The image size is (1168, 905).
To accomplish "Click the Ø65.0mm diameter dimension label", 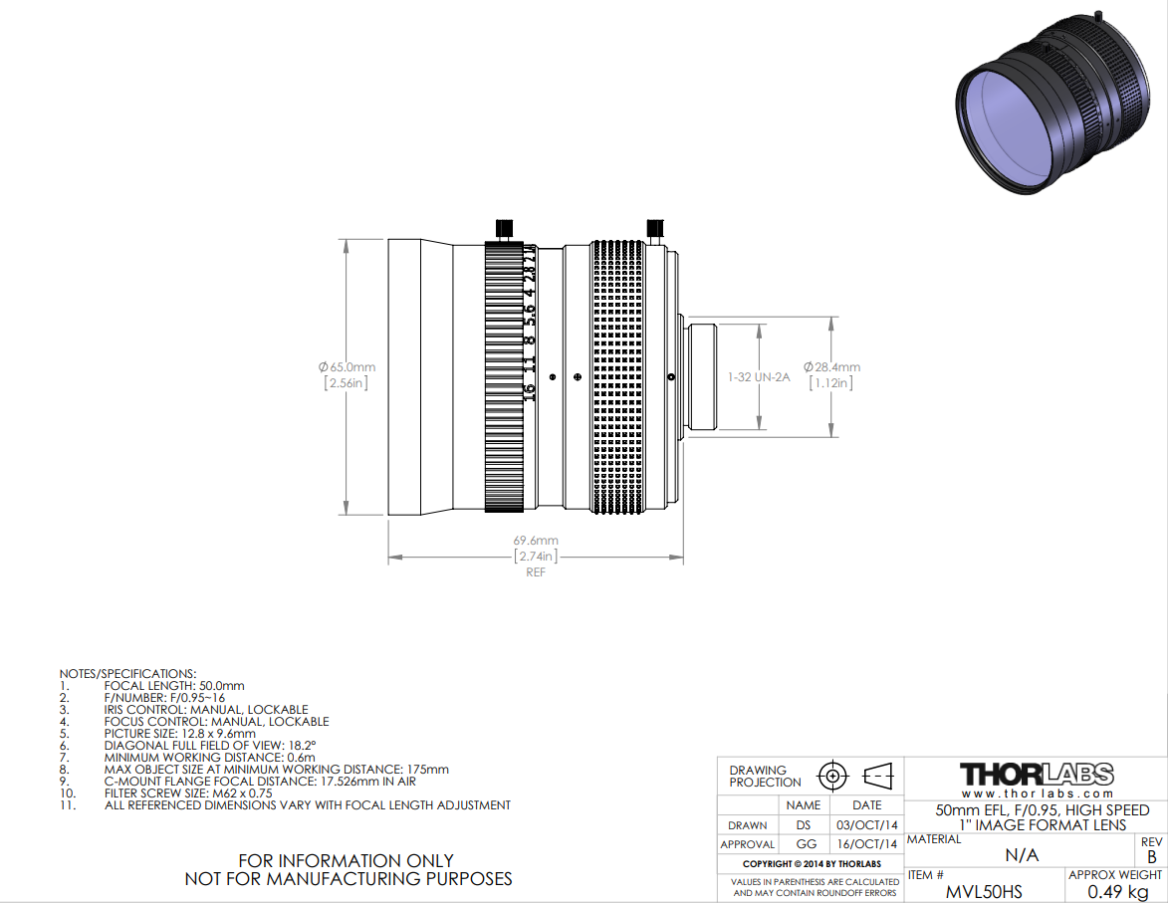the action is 348,367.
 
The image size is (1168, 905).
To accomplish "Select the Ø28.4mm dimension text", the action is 831,367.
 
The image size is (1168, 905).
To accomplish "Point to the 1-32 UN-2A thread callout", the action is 759,377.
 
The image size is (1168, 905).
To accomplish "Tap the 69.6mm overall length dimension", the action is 536,541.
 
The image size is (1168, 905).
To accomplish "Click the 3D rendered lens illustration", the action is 1051,104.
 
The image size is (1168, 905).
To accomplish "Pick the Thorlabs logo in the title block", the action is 1037,775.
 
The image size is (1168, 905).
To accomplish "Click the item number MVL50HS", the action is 984,892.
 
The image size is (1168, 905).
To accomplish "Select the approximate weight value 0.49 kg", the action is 1117,892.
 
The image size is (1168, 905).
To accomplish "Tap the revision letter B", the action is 1152,857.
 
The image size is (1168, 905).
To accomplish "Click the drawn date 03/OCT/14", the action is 867,825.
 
